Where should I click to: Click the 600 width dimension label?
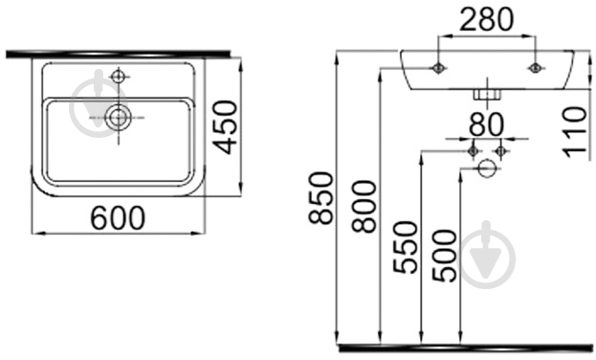[x=118, y=217]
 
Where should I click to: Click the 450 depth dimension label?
[x=225, y=127]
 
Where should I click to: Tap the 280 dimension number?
[x=487, y=19]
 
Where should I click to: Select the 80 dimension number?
[x=487, y=124]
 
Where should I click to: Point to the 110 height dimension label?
[x=575, y=132]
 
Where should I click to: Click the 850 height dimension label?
[x=320, y=198]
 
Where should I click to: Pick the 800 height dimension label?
[x=364, y=206]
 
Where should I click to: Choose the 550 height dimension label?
[x=406, y=247]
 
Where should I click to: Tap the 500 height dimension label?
[x=445, y=256]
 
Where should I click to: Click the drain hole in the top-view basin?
[x=119, y=118]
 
